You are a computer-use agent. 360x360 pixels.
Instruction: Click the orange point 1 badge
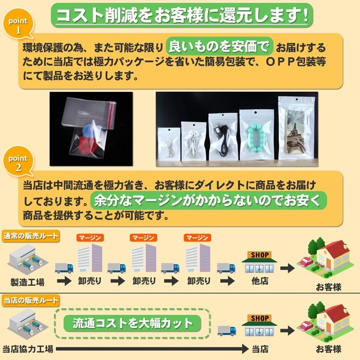click(18, 26)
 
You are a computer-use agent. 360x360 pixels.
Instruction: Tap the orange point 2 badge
click(18, 163)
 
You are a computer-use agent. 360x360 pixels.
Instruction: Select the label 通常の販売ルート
click(31, 236)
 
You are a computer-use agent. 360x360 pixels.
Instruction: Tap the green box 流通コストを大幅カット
click(133, 323)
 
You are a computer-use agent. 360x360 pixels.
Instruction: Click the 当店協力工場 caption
click(27, 349)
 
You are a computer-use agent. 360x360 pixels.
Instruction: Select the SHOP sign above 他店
click(260, 255)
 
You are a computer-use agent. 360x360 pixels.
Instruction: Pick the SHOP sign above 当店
click(260, 318)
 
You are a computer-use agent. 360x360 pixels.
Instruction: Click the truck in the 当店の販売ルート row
click(226, 331)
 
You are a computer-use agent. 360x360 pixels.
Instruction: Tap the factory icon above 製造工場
click(27, 260)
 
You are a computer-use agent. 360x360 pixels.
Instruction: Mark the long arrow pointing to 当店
click(153, 349)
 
